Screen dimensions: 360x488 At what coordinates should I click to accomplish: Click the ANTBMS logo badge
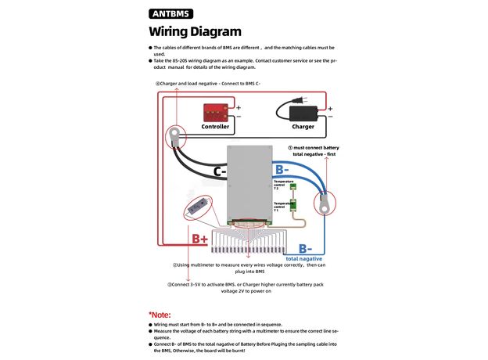coord(170,13)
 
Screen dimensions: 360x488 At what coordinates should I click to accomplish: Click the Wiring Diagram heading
coord(195,31)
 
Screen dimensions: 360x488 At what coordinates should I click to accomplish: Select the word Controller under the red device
coord(215,126)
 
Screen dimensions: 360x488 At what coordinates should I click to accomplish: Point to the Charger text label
coord(303,126)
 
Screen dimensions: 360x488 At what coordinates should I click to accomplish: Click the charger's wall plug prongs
coord(297,99)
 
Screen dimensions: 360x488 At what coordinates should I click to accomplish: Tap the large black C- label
coord(220,171)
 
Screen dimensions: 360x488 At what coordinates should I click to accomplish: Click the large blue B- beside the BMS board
coord(282,169)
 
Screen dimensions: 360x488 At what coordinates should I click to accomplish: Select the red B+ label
coord(199,239)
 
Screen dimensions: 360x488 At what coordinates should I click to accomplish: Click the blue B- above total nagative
coord(305,248)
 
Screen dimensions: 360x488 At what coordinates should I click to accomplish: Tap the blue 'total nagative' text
coord(303,258)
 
